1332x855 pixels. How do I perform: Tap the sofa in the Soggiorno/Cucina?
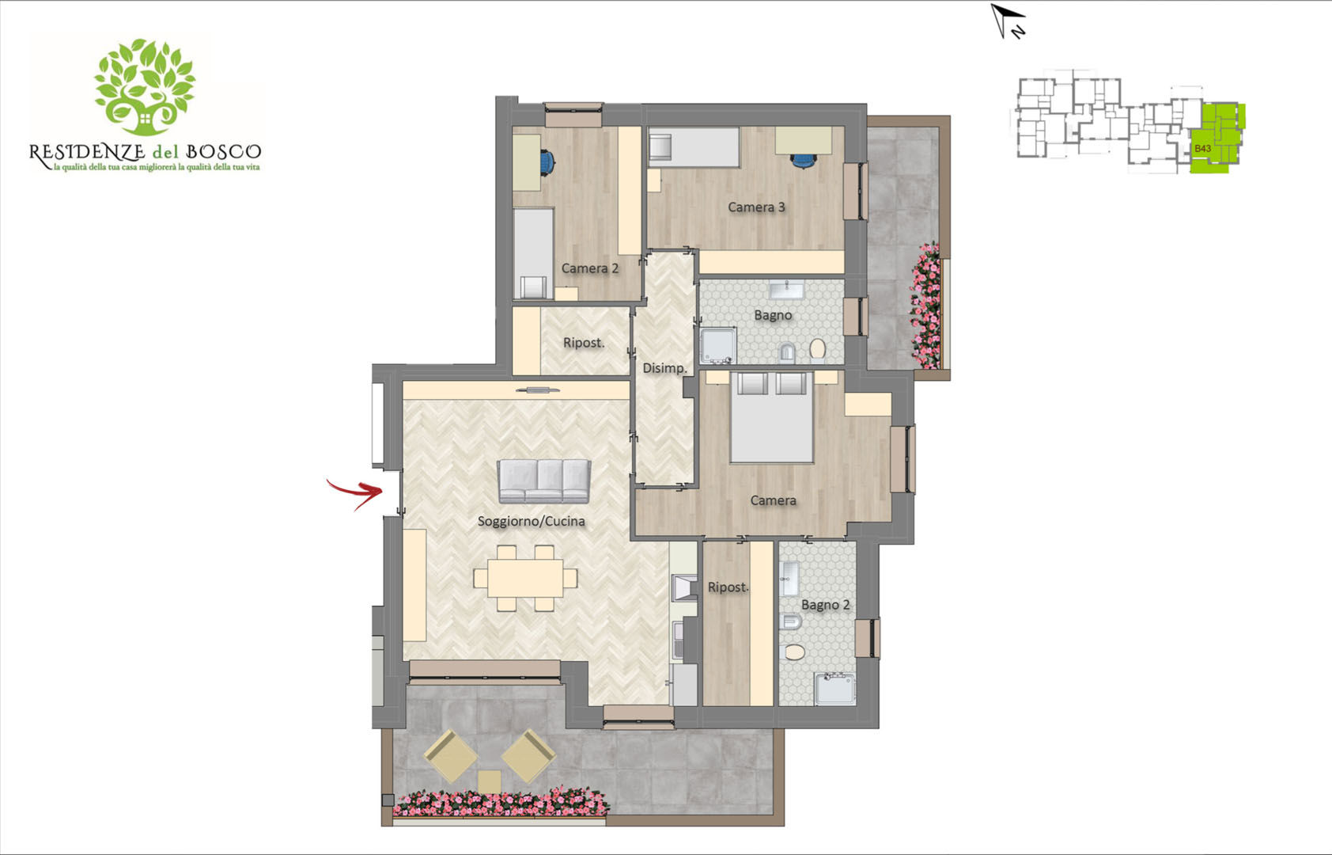tap(544, 481)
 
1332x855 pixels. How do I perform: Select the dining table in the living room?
tap(525, 578)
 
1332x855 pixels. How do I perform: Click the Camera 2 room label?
tap(590, 268)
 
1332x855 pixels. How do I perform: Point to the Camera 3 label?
tap(756, 207)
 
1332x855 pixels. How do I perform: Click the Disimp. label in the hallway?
tap(664, 368)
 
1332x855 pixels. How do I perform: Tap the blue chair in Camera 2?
tap(547, 161)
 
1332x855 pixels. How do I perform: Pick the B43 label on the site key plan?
tap(1202, 148)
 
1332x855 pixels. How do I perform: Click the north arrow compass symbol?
tap(1008, 21)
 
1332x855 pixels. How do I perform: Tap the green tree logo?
tap(145, 87)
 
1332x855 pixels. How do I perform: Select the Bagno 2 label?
tap(825, 605)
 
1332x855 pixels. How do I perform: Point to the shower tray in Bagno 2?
tap(835, 689)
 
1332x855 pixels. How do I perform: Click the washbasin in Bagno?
tap(786, 290)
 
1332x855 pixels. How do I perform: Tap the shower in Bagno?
tap(718, 345)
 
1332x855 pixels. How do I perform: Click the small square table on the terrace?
tap(490, 781)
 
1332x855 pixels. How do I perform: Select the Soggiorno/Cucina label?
tap(531, 521)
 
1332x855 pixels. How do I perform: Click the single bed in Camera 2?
tap(533, 253)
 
